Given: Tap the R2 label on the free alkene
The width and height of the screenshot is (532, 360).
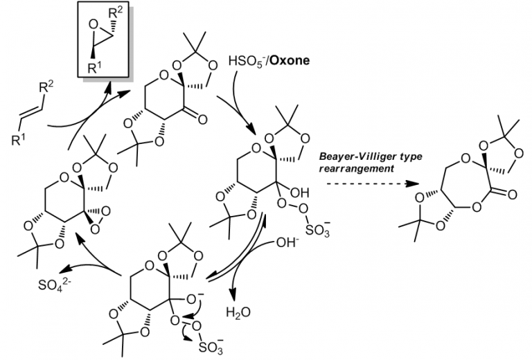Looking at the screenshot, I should tap(46, 87).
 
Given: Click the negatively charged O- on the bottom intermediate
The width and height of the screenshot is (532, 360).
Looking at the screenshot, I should tap(197, 298).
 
